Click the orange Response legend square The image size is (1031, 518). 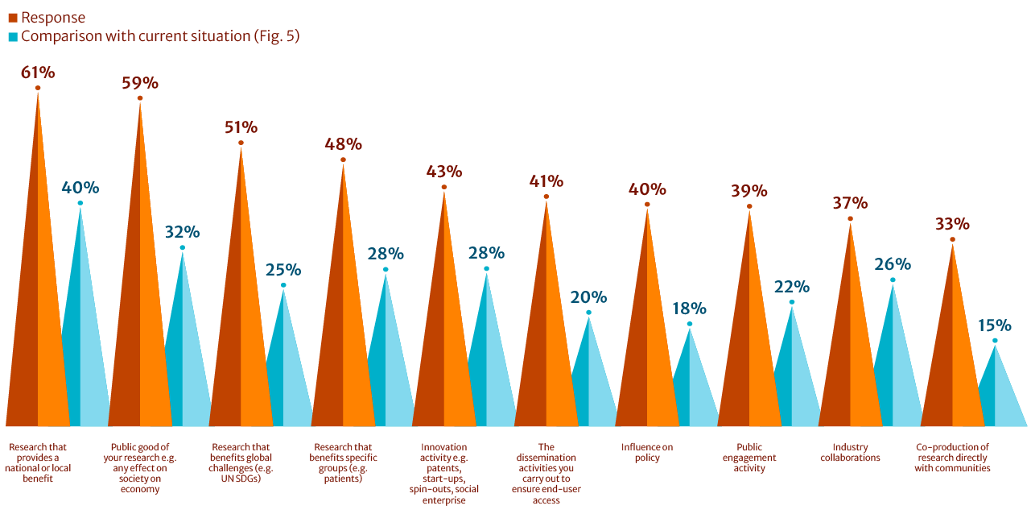12,17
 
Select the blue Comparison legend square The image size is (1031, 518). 12,36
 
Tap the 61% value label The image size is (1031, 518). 38,73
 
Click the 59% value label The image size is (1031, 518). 140,83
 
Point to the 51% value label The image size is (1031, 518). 241,127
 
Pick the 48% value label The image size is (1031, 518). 343,144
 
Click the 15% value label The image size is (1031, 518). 995,325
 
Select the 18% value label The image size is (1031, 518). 690,309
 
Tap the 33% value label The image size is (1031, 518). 952,224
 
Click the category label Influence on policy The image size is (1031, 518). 647,453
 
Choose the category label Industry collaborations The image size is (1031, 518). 850,453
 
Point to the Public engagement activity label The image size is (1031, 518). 749,458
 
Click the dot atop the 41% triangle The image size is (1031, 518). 546,197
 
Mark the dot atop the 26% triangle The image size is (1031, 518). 893,280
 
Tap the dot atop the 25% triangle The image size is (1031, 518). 283,285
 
